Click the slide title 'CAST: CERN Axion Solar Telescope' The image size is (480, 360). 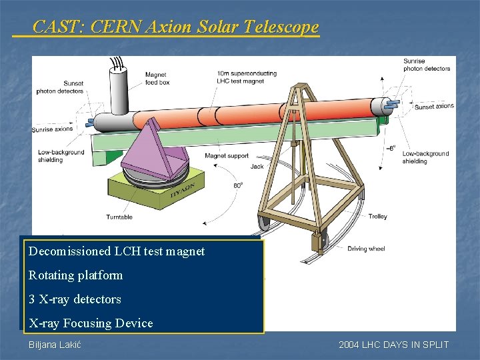point(176,27)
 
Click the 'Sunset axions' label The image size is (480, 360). point(433,106)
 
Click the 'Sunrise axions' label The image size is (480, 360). point(53,129)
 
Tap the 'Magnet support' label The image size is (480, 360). point(226,156)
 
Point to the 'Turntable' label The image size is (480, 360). point(119,217)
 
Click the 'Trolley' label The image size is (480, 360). point(377,217)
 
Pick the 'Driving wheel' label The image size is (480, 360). point(366,249)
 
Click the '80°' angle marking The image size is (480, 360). point(237,186)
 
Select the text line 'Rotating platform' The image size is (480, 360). point(76,275)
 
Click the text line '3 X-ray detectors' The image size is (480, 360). point(75,299)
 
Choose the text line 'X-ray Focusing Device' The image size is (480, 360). point(91,323)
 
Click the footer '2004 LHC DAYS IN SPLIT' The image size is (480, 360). point(393,345)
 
